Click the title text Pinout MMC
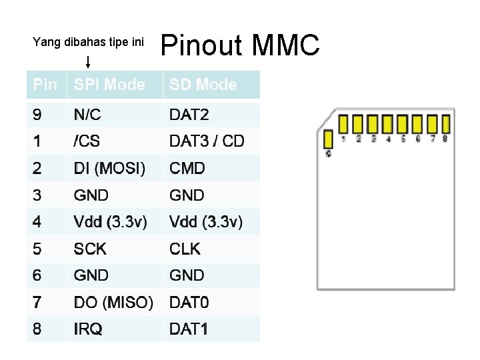click(x=241, y=45)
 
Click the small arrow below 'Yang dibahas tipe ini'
click(x=89, y=63)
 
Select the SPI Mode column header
click(x=109, y=85)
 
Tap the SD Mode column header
click(x=203, y=85)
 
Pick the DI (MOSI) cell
click(x=109, y=168)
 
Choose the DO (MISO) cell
click(x=113, y=303)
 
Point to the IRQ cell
click(x=88, y=329)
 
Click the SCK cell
click(x=90, y=249)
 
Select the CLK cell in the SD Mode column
click(x=185, y=249)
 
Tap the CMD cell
click(x=187, y=168)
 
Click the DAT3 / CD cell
click(x=207, y=141)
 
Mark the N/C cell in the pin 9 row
click(x=87, y=115)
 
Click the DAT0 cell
click(x=189, y=303)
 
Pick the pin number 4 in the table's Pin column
click(x=37, y=221)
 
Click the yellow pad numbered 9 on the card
click(x=328, y=139)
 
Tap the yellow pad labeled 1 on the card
click(x=343, y=125)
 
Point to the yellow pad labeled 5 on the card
click(x=402, y=125)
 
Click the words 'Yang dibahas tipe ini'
click(x=88, y=42)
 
